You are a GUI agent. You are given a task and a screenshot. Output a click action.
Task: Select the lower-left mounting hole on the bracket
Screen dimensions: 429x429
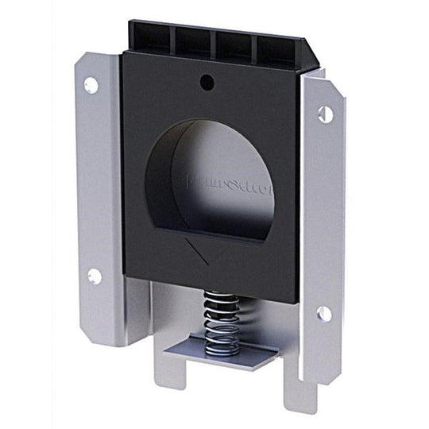[94, 276]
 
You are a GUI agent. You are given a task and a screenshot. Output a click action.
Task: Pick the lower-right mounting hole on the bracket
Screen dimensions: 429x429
[324, 313]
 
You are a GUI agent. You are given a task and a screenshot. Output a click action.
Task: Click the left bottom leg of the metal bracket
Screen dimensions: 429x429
[170, 373]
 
